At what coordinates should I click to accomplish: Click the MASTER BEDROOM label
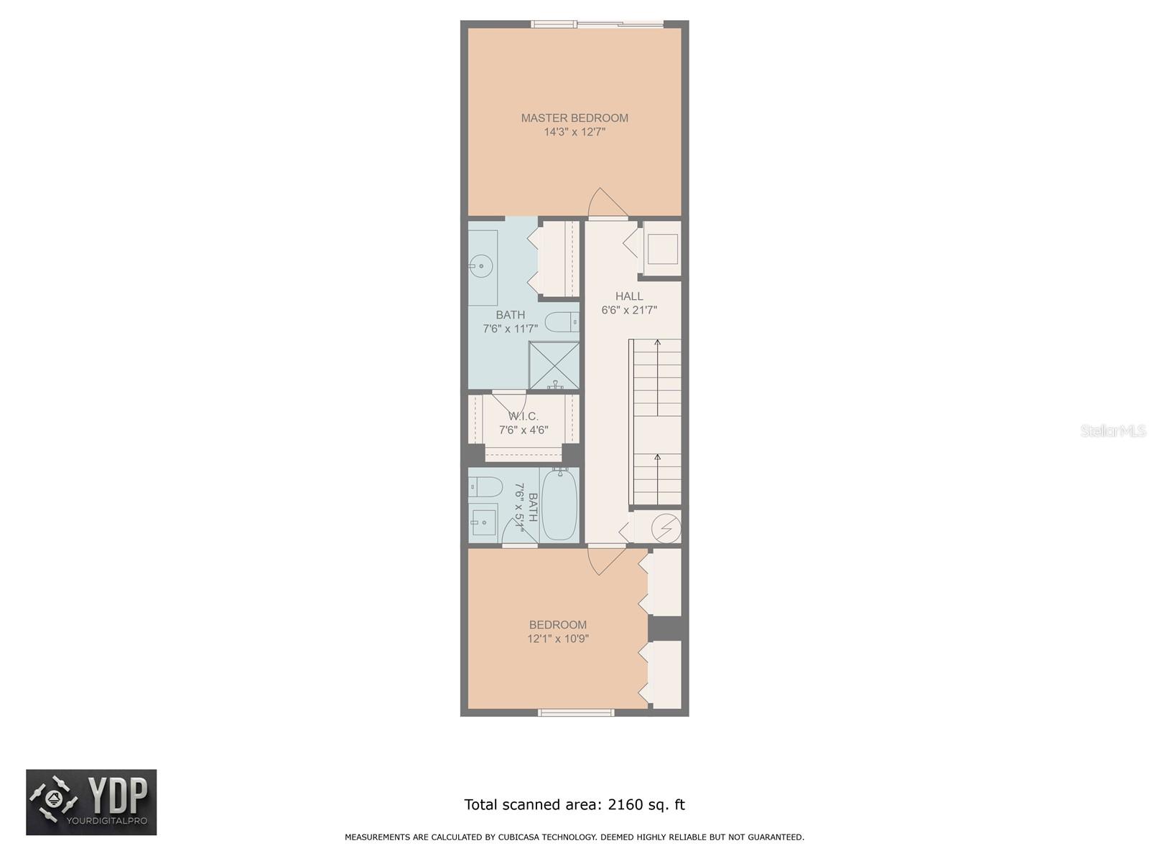(574, 118)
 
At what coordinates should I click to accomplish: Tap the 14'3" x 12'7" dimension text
(574, 132)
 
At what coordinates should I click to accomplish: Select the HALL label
(629, 296)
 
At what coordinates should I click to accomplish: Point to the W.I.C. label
(524, 416)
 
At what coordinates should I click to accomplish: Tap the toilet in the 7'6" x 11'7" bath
(562, 322)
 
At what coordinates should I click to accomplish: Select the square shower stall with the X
(554, 365)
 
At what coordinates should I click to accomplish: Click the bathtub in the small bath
(559, 505)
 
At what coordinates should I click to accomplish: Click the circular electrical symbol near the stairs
(665, 527)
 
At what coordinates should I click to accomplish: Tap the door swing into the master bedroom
(607, 203)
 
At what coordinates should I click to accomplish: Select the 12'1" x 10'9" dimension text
(558, 639)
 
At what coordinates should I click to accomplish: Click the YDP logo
(91, 801)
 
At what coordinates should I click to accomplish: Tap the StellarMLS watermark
(1112, 430)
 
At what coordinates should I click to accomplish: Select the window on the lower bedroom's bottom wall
(576, 712)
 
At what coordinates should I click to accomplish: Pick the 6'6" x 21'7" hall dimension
(629, 310)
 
